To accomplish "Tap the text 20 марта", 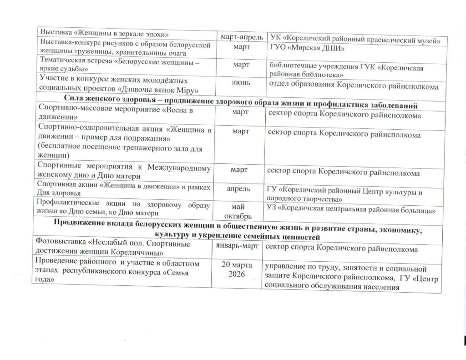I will click(x=238, y=265).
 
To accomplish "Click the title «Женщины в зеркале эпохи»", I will click(x=122, y=33).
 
